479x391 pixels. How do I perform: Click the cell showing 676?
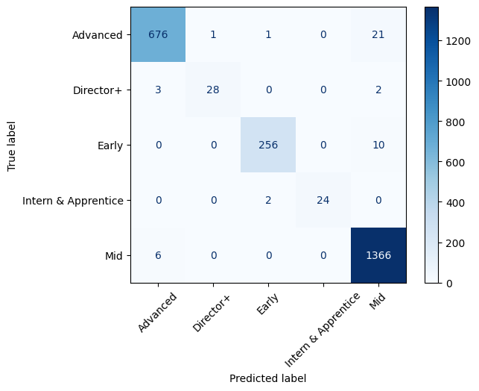click(x=158, y=35)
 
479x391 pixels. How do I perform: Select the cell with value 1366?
click(x=378, y=255)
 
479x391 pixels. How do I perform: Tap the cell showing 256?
click(x=268, y=146)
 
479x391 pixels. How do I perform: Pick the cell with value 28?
click(x=213, y=90)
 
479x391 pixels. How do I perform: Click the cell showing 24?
click(x=323, y=200)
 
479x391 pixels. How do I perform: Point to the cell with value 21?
click(x=378, y=35)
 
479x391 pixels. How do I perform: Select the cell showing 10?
click(x=378, y=146)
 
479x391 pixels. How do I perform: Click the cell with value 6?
click(x=158, y=255)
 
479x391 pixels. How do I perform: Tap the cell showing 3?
click(x=158, y=90)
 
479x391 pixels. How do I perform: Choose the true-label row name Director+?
click(x=98, y=90)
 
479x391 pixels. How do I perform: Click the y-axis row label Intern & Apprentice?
click(x=74, y=200)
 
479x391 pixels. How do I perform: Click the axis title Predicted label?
click(x=268, y=378)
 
